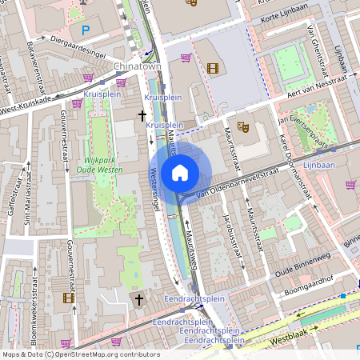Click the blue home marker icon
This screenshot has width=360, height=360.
(x=180, y=172)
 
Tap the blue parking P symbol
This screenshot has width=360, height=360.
(x=86, y=30)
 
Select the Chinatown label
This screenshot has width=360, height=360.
(x=138, y=66)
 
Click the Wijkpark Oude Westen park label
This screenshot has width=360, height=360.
(x=100, y=164)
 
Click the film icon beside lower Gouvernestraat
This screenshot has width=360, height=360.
(x=68, y=298)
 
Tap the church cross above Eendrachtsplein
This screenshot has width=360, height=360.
(x=138, y=300)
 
